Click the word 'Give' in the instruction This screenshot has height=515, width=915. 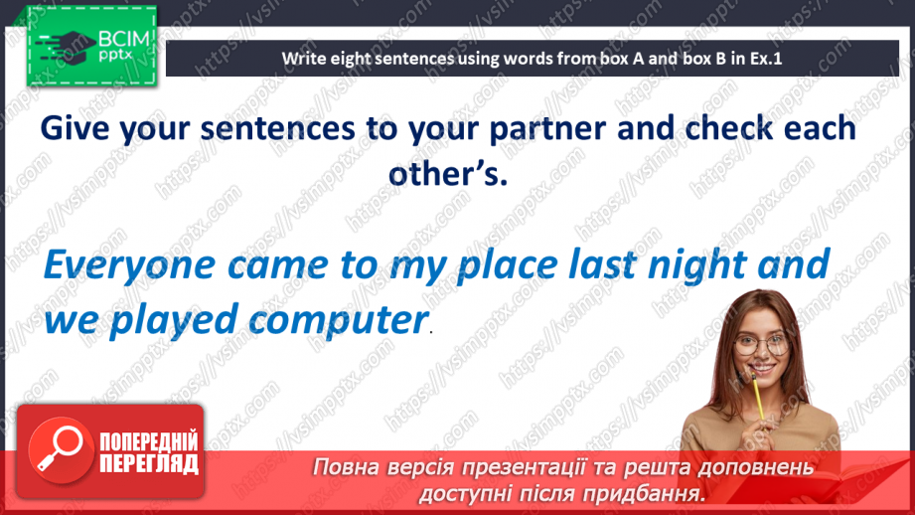point(75,128)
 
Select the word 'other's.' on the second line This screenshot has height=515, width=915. point(448,174)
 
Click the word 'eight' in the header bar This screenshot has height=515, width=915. point(352,59)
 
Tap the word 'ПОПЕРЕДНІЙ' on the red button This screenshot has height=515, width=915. point(149,442)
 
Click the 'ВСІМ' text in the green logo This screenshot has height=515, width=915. point(124,40)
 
